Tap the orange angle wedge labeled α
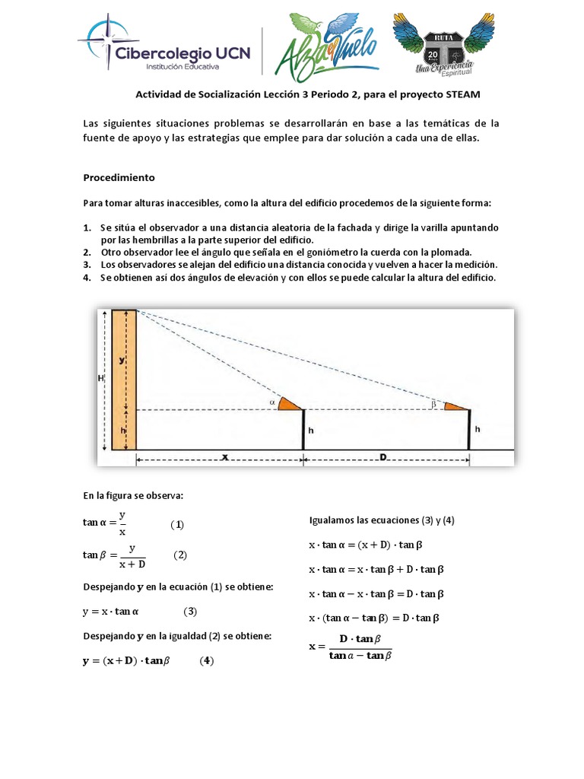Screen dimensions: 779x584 (x=287, y=403)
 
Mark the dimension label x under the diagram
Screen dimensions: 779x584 (x=224, y=457)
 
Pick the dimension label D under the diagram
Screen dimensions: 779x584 (x=383, y=457)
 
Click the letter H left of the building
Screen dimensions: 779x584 (x=101, y=378)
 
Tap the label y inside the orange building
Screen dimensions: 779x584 (x=122, y=361)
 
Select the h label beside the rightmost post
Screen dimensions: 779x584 (x=477, y=430)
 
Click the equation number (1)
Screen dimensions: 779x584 (x=177, y=524)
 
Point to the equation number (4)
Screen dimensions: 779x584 (x=206, y=661)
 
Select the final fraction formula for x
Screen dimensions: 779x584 (x=351, y=647)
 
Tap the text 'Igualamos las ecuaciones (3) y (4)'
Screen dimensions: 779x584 (x=382, y=520)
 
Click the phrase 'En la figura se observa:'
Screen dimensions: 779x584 (x=134, y=496)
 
